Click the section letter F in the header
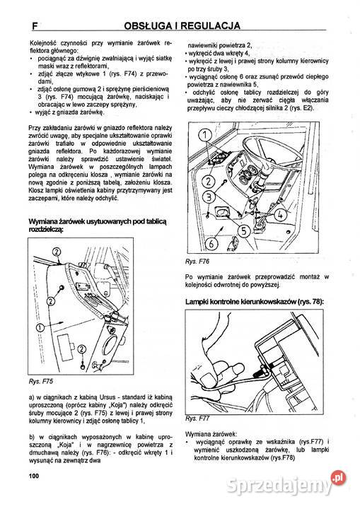(35, 25)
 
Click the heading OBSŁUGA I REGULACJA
(182, 25)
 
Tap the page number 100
(33, 476)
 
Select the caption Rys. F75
(40, 382)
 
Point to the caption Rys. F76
(197, 262)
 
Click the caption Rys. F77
(197, 419)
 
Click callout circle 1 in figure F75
(40, 327)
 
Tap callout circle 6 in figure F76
(211, 243)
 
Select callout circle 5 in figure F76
(244, 230)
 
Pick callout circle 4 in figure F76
(280, 215)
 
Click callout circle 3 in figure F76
(209, 197)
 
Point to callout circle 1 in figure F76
(205, 135)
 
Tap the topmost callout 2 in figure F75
(56, 252)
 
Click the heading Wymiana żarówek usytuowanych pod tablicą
(98, 222)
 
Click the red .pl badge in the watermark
(338, 479)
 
